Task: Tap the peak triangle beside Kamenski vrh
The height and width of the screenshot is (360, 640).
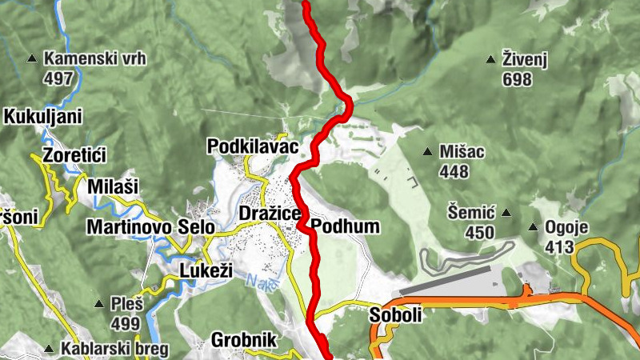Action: click(32, 58)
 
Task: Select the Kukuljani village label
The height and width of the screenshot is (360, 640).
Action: click(43, 117)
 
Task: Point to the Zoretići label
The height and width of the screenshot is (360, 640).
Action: click(75, 155)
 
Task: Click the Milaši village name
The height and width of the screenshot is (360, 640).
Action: click(113, 186)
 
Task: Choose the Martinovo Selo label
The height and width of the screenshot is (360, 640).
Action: click(150, 227)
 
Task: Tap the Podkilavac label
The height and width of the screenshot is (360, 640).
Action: click(252, 147)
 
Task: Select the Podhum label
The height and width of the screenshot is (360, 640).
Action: click(346, 226)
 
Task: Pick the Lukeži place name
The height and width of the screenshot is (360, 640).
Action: click(206, 270)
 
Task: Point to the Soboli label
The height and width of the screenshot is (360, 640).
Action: click(395, 316)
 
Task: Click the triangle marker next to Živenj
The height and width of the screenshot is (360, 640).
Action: click(490, 58)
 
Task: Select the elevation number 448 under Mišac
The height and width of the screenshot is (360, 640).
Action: click(454, 171)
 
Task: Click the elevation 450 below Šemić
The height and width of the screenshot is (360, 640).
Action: click(480, 232)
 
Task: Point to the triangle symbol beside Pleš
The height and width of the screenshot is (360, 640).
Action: click(98, 304)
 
